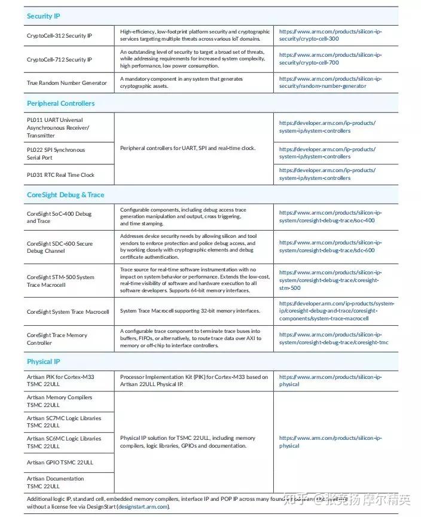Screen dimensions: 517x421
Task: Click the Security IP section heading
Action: click(44, 16)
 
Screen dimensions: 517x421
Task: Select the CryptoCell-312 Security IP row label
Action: click(59, 36)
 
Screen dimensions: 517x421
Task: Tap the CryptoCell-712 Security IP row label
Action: click(59, 60)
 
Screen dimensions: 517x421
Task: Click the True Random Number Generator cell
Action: click(67, 83)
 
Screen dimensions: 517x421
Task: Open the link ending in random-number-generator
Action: click(330, 82)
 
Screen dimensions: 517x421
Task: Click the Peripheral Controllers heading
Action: click(60, 103)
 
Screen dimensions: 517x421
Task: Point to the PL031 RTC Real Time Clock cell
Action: click(60, 175)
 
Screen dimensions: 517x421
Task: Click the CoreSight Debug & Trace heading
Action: click(65, 195)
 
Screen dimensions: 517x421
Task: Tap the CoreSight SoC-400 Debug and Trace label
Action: click(59, 218)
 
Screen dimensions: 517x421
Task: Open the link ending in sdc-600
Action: click(330, 246)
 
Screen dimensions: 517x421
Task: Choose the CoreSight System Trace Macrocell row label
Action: click(68, 311)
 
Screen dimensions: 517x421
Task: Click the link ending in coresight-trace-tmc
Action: click(330, 339)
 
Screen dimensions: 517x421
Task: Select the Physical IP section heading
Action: click(44, 362)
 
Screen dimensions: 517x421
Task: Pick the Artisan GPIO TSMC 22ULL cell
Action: click(60, 463)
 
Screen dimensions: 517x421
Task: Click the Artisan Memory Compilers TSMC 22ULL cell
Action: click(59, 401)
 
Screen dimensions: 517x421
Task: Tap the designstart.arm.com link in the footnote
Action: click(143, 507)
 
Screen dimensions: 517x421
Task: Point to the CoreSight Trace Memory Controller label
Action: click(57, 339)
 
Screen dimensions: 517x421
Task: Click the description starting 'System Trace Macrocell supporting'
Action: click(190, 311)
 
